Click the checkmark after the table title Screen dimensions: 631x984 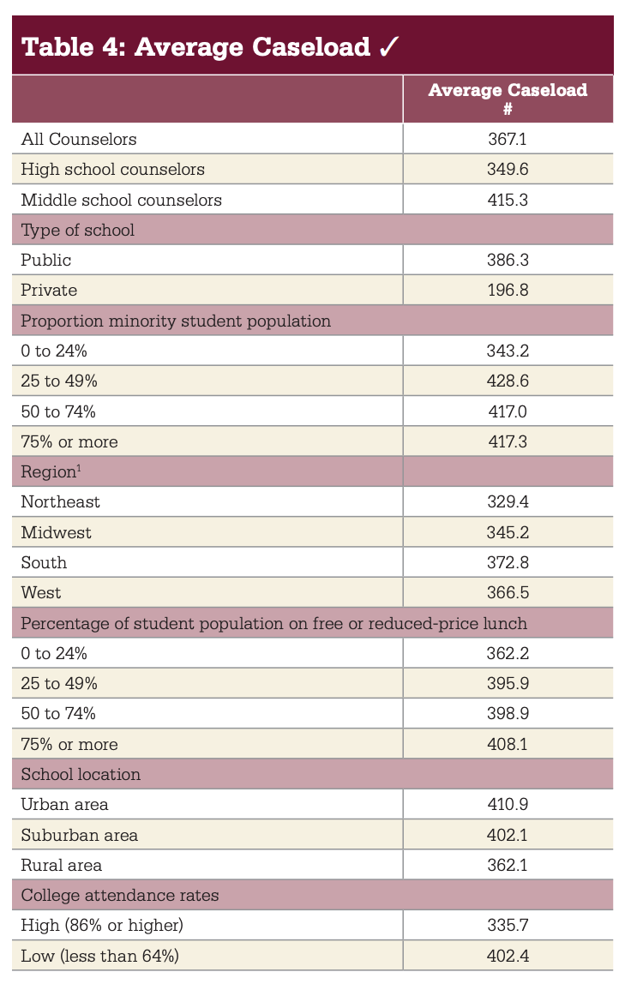tap(388, 47)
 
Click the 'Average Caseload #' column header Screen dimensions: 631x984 tap(508, 99)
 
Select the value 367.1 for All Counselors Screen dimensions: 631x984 tap(508, 139)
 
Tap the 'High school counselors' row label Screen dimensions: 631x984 tap(113, 170)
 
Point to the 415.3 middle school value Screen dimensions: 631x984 tap(508, 200)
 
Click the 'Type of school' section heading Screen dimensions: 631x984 tap(78, 231)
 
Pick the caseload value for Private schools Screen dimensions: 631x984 tap(508, 290)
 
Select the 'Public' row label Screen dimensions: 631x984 tap(45, 260)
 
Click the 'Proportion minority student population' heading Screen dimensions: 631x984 tap(176, 321)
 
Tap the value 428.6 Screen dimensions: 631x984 tap(508, 381)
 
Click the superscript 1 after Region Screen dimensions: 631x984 tap(79, 467)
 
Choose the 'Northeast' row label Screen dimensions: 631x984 tap(60, 502)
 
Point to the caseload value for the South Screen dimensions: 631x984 tap(508, 562)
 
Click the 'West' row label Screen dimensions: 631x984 tap(41, 592)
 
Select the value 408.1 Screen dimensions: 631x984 tap(508, 744)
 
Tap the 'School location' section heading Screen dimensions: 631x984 tap(81, 774)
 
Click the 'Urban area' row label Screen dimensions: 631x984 tap(64, 805)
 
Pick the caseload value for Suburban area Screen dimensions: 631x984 tap(508, 835)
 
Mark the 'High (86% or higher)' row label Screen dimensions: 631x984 tap(102, 926)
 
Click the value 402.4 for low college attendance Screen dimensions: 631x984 tap(508, 956)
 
